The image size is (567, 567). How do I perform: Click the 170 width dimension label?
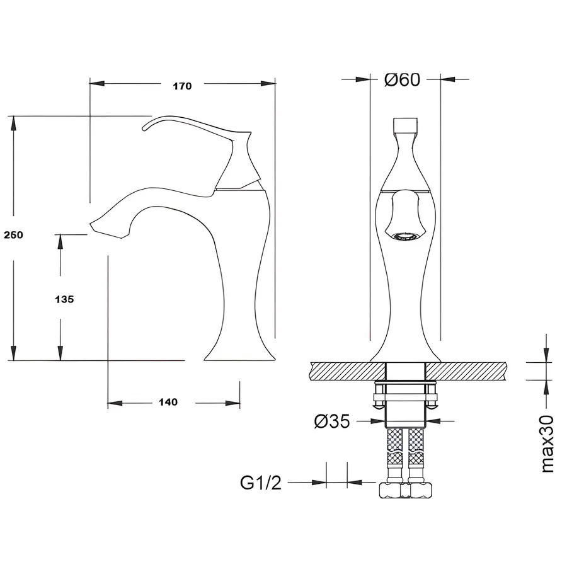pyautogui.click(x=182, y=86)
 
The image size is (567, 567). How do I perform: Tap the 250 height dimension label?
pyautogui.click(x=13, y=235)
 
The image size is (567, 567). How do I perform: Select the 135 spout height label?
pyautogui.click(x=64, y=299)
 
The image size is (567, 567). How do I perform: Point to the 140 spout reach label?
pyautogui.click(x=168, y=402)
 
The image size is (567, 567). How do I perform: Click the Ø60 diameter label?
pyautogui.click(x=402, y=79)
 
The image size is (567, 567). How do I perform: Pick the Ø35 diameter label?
pyautogui.click(x=332, y=421)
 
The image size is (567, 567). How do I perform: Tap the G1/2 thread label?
pyautogui.click(x=261, y=483)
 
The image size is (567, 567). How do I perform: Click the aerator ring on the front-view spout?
pyautogui.click(x=405, y=236)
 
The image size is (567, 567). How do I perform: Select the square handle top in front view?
pyautogui.click(x=405, y=125)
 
